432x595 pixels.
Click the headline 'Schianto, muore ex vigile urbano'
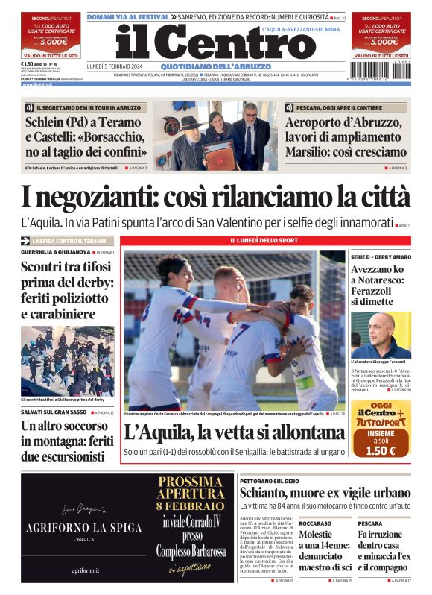tap(325, 494)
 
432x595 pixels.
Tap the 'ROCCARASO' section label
tap(316, 523)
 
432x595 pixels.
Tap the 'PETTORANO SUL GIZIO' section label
tap(269, 481)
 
